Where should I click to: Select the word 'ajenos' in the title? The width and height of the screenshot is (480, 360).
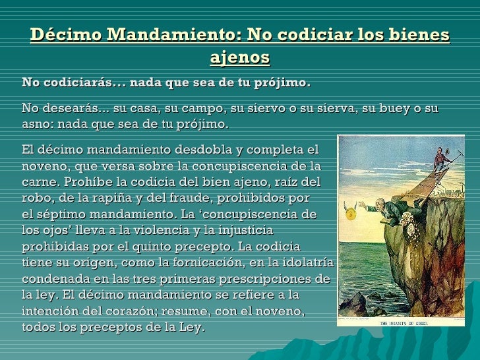pyautogui.click(x=240, y=58)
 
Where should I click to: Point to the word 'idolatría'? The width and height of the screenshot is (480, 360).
pyautogui.click(x=311, y=262)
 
